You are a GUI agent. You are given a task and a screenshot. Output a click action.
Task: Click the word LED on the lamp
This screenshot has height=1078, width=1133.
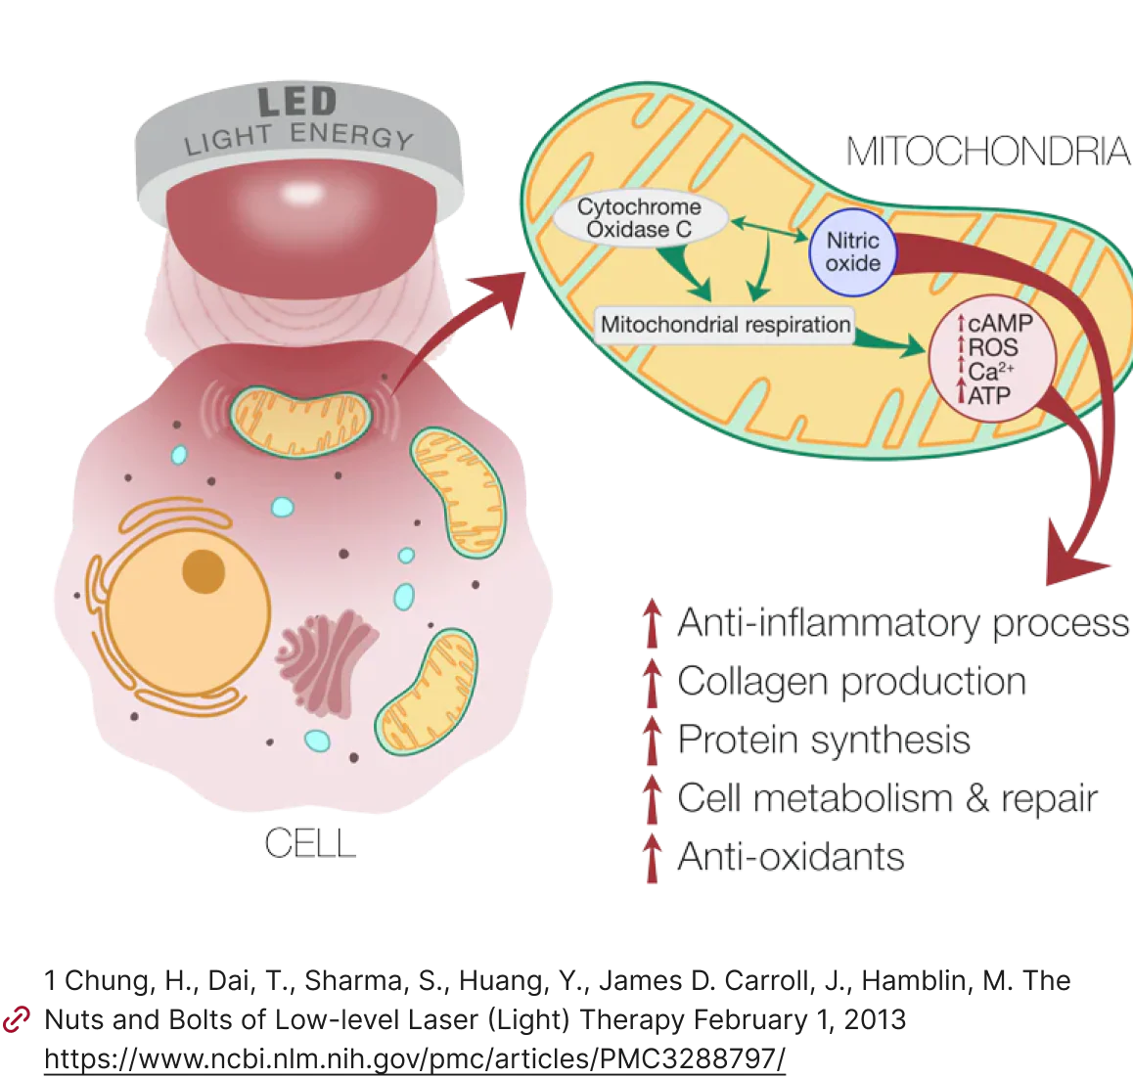[x=296, y=102]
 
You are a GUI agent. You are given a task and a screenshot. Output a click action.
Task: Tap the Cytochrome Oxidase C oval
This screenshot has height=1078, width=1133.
[x=640, y=219]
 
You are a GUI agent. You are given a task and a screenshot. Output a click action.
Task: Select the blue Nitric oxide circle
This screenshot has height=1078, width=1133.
[x=852, y=251]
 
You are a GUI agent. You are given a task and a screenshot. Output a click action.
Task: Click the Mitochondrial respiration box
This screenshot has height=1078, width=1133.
[x=725, y=325]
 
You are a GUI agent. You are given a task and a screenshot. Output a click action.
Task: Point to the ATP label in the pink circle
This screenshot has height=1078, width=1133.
[x=989, y=395]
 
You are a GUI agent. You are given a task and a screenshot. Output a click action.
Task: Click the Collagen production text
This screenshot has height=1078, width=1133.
[x=851, y=681]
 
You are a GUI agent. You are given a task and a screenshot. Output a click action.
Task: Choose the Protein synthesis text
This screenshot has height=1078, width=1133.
[x=824, y=740]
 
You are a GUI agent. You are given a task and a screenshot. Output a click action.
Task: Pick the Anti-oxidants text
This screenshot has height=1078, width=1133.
[x=791, y=857]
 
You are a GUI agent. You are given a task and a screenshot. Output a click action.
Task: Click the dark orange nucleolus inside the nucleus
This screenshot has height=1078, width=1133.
[x=204, y=571]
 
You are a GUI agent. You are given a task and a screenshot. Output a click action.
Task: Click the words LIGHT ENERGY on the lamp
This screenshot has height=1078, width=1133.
[x=298, y=137]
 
